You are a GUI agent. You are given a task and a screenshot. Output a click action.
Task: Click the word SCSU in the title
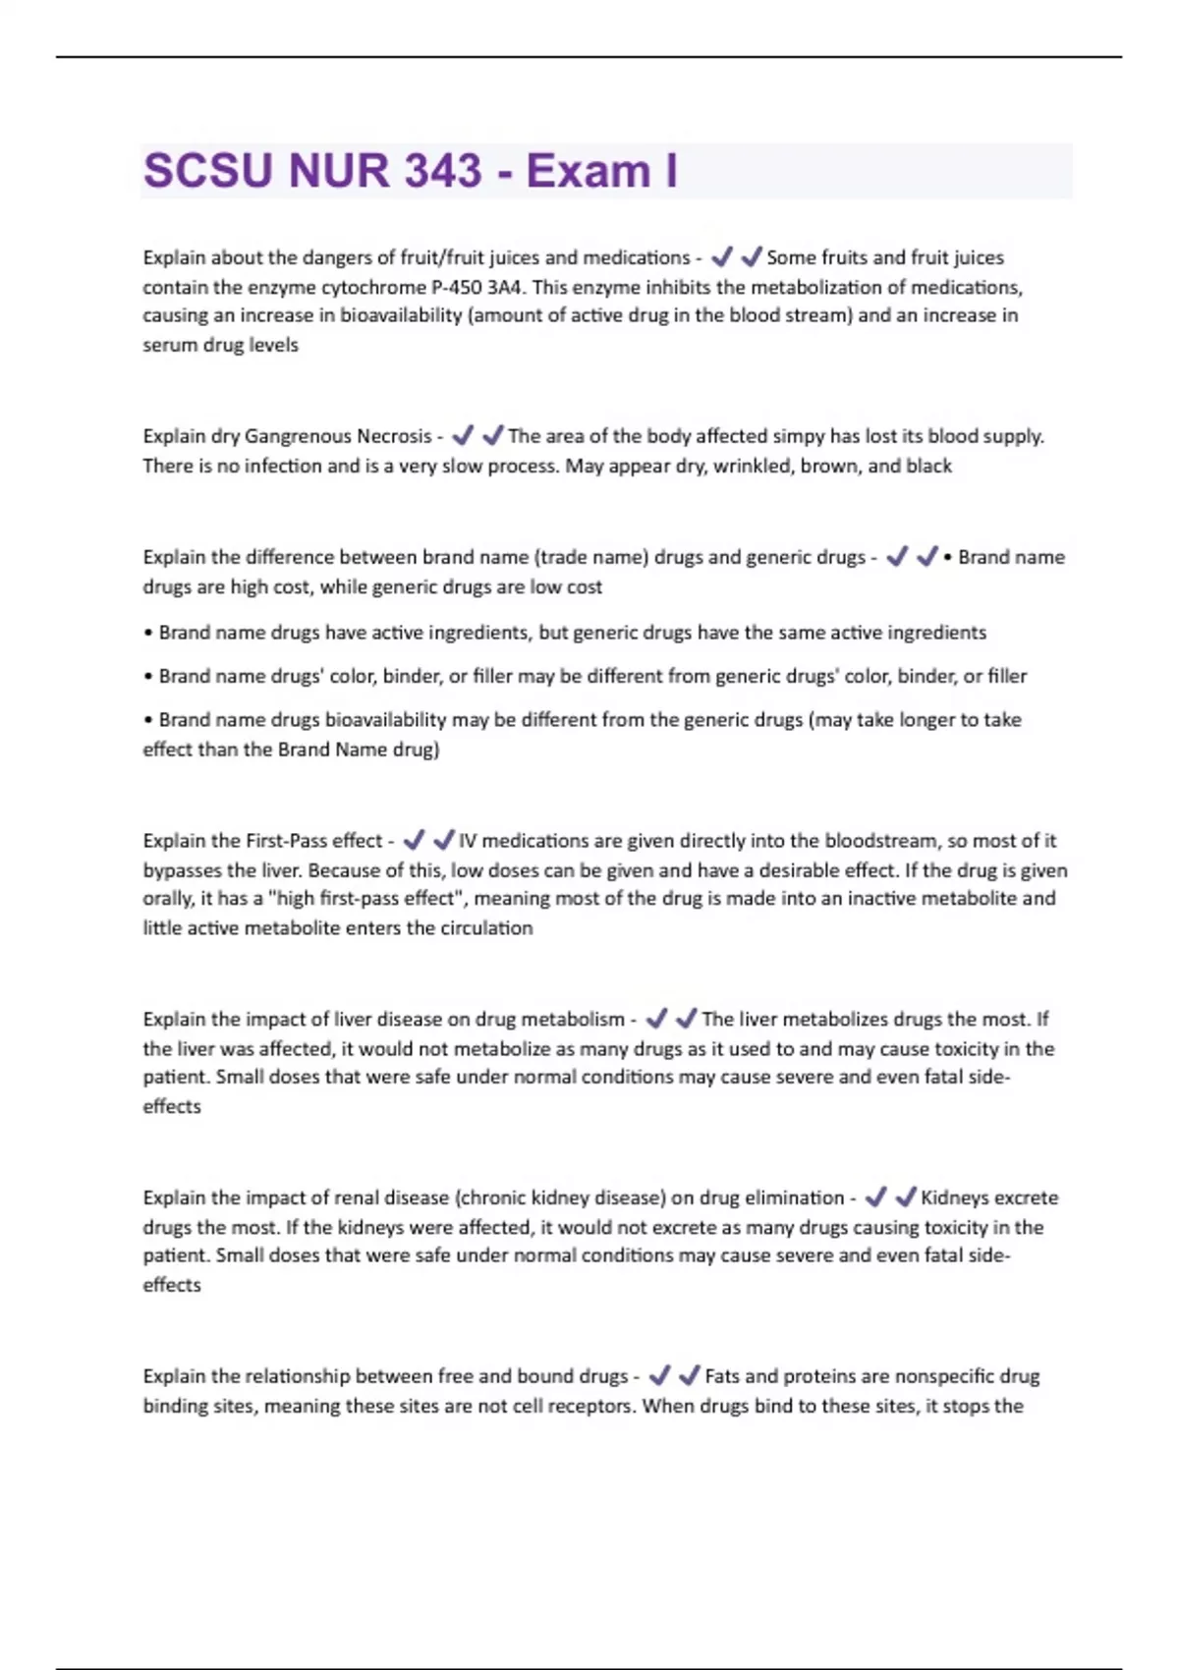tap(207, 171)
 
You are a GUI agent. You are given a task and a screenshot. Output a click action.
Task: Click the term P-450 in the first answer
tap(457, 287)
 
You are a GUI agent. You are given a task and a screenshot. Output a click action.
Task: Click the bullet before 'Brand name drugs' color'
tap(148, 677)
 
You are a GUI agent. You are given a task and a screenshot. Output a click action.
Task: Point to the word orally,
tap(168, 899)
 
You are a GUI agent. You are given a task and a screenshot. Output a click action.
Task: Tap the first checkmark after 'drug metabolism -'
tap(656, 1019)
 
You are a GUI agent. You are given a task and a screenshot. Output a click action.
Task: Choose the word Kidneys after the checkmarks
tap(954, 1197)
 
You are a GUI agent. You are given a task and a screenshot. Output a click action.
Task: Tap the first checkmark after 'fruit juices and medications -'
tap(722, 257)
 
